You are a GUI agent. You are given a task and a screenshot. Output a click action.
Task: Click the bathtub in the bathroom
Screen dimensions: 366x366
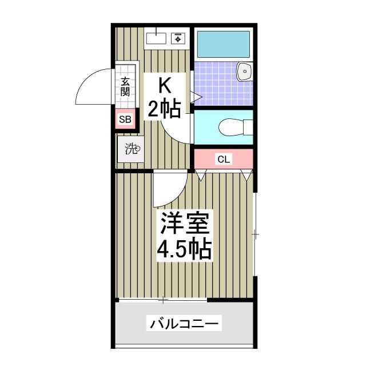click(223, 43)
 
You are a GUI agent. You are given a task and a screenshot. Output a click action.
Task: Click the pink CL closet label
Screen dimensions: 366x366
click(223, 159)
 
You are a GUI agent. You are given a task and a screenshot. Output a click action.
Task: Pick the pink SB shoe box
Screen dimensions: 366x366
click(125, 120)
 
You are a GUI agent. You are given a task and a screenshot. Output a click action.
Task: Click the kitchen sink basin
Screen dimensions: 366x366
click(155, 38)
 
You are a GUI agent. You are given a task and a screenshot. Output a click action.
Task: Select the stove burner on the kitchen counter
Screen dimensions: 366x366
click(178, 38)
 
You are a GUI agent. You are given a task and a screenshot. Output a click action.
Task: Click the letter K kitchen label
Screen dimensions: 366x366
click(164, 86)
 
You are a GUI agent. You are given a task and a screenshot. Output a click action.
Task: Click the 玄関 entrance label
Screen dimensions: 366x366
click(125, 86)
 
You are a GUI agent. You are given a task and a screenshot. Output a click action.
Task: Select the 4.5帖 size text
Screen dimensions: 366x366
click(186, 249)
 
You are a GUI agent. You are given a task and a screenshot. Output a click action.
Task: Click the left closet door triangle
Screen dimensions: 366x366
click(201, 175)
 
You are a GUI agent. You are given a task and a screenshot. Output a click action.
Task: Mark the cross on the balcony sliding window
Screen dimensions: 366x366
click(163, 300)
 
